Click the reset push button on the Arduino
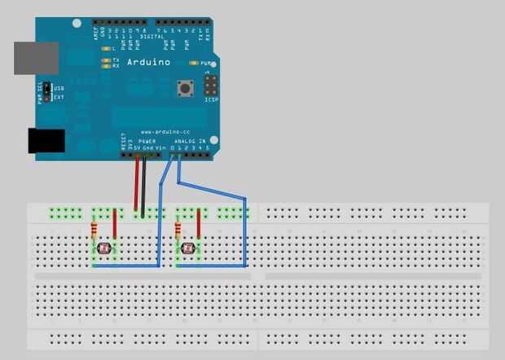pos(186,86)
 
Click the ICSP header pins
pos(212,86)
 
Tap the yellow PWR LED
pos(194,62)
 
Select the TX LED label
pos(115,59)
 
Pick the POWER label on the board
pos(147,141)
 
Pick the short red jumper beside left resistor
pos(115,224)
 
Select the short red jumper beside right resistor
pos(199,224)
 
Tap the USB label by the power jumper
pos(58,87)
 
